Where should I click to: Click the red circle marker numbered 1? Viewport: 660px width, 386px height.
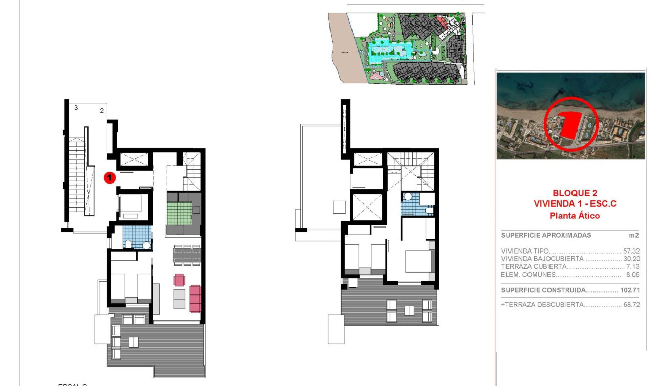(x=109, y=177)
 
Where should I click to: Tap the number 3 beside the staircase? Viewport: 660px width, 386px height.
(x=76, y=108)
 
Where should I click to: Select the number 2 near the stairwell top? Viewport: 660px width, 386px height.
(x=102, y=110)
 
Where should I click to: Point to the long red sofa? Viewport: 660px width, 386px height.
(x=195, y=299)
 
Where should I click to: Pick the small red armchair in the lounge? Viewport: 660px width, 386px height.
(x=179, y=280)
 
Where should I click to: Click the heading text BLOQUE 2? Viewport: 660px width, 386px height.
(x=575, y=193)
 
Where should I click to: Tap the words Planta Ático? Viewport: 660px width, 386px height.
(x=574, y=216)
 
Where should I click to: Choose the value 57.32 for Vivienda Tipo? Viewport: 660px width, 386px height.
(x=631, y=252)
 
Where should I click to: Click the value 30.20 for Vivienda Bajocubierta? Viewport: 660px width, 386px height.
(x=631, y=259)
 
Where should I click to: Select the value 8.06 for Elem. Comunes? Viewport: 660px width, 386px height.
(x=633, y=275)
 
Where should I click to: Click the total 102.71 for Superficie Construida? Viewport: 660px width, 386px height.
(x=630, y=290)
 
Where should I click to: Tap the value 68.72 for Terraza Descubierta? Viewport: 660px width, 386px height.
(x=631, y=305)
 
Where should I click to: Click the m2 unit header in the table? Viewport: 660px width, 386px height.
(x=634, y=236)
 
